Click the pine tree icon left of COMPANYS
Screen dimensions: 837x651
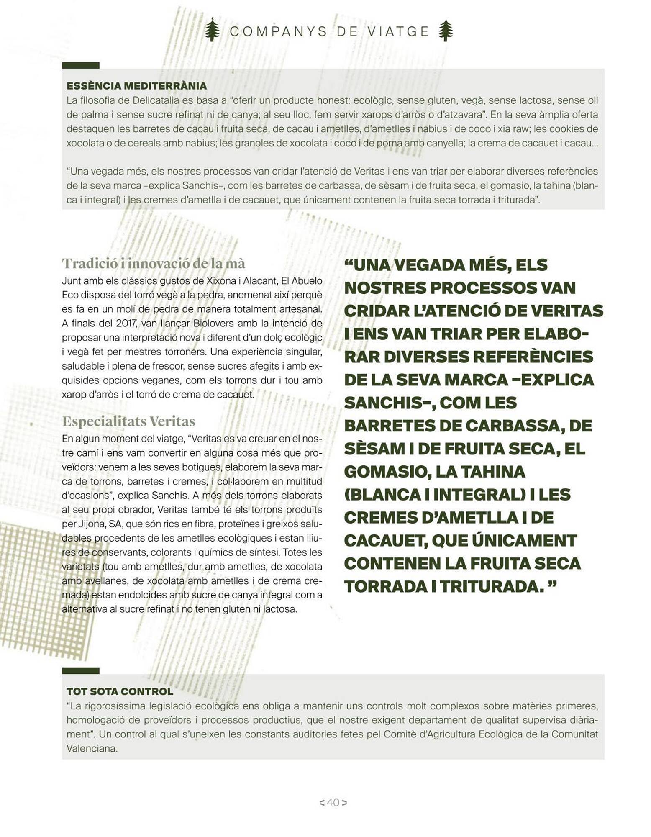coord(212,30)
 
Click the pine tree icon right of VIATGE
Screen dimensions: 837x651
coord(446,30)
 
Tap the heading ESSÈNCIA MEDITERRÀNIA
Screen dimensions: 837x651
coord(136,86)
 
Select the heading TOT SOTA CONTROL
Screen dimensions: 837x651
coord(120,691)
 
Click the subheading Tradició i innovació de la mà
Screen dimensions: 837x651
coord(154,263)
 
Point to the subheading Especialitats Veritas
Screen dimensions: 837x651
coord(128,421)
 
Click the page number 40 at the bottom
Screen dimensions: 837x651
coord(333,802)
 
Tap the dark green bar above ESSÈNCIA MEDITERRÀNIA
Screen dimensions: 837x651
coord(80,65)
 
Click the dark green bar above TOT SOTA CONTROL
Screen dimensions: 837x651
coord(80,671)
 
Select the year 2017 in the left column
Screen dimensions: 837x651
coord(123,323)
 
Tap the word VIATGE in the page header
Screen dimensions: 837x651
coord(398,31)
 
